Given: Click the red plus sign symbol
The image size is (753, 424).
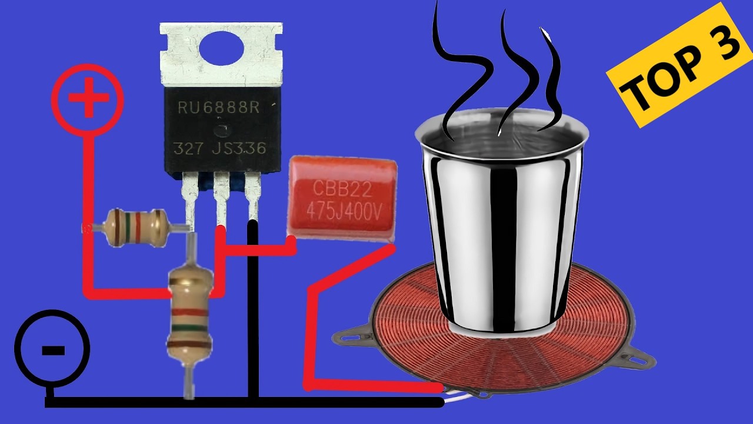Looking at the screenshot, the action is coord(89,97).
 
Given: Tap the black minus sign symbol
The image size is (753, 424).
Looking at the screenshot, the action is coord(53,350).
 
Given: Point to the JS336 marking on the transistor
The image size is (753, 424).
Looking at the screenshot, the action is coord(239,148).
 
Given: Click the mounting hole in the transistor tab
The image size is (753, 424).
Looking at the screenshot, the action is coord(222,48).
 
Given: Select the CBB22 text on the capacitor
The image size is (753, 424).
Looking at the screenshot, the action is coord(342,189).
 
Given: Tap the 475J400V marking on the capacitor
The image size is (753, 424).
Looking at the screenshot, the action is coord(344,212).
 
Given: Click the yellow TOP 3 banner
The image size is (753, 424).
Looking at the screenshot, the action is coord(681,65).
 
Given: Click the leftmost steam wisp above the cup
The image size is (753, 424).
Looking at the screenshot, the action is coord(459,71).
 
